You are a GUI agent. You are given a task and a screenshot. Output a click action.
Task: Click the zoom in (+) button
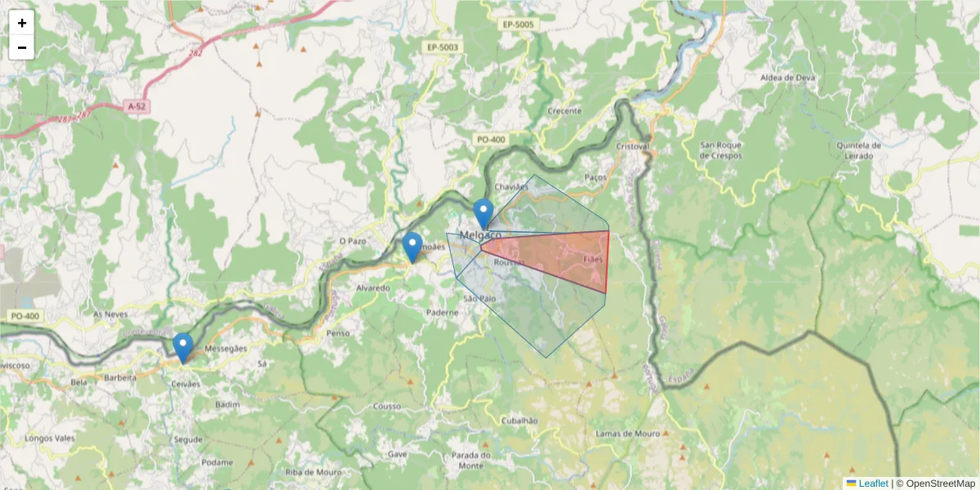click(x=22, y=23)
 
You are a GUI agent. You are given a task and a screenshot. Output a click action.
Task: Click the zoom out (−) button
click(x=22, y=47)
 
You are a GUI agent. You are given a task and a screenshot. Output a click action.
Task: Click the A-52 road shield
click(x=138, y=106)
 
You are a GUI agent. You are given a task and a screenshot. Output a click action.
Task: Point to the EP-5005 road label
click(x=518, y=25)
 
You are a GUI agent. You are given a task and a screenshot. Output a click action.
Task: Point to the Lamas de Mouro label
click(x=626, y=433)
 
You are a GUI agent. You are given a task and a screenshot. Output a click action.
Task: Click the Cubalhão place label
click(x=519, y=420)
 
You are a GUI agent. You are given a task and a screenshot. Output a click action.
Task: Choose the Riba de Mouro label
click(x=313, y=472)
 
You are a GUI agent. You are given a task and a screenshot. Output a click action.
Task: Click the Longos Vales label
click(x=50, y=438)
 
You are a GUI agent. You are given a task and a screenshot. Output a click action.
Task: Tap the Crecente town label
click(x=564, y=110)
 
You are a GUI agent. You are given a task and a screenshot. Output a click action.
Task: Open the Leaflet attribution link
click(x=873, y=483)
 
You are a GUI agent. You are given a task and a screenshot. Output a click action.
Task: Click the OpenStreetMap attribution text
click(x=939, y=483)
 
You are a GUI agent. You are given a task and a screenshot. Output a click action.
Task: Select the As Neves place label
click(x=111, y=314)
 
